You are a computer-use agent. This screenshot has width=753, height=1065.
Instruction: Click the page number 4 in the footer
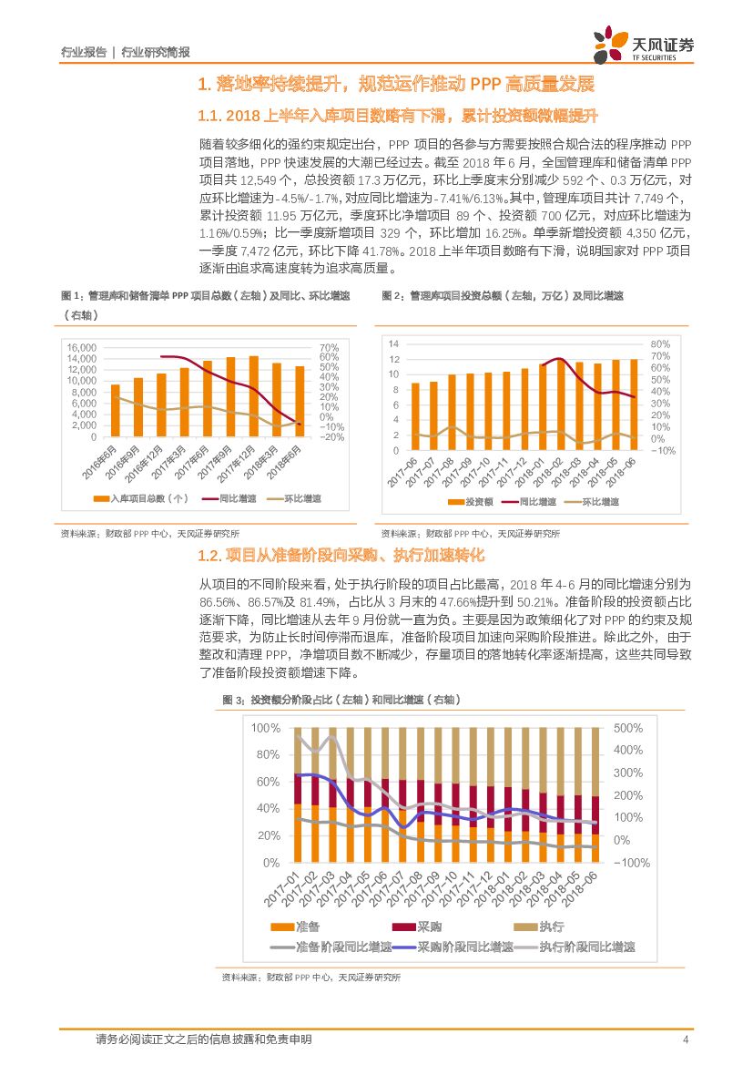[686, 1039]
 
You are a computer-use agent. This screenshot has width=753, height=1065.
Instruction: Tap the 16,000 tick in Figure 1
[82, 347]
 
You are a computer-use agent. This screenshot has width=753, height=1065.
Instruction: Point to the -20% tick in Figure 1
[331, 437]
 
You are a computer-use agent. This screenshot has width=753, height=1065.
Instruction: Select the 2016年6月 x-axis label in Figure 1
[104, 466]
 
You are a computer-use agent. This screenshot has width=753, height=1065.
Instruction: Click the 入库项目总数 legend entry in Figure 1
[141, 499]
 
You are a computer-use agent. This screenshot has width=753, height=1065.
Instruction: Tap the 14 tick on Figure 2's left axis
[393, 343]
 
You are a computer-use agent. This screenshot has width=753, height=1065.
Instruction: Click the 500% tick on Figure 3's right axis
[628, 728]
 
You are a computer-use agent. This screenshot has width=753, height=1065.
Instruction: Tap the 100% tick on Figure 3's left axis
[266, 728]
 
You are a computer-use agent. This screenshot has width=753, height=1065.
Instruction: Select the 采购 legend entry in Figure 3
[419, 927]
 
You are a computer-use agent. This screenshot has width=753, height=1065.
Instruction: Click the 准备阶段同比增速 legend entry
[335, 947]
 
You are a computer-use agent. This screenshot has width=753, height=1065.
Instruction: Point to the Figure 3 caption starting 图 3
[341, 699]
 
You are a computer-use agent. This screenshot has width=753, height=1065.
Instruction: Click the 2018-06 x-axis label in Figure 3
[582, 888]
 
